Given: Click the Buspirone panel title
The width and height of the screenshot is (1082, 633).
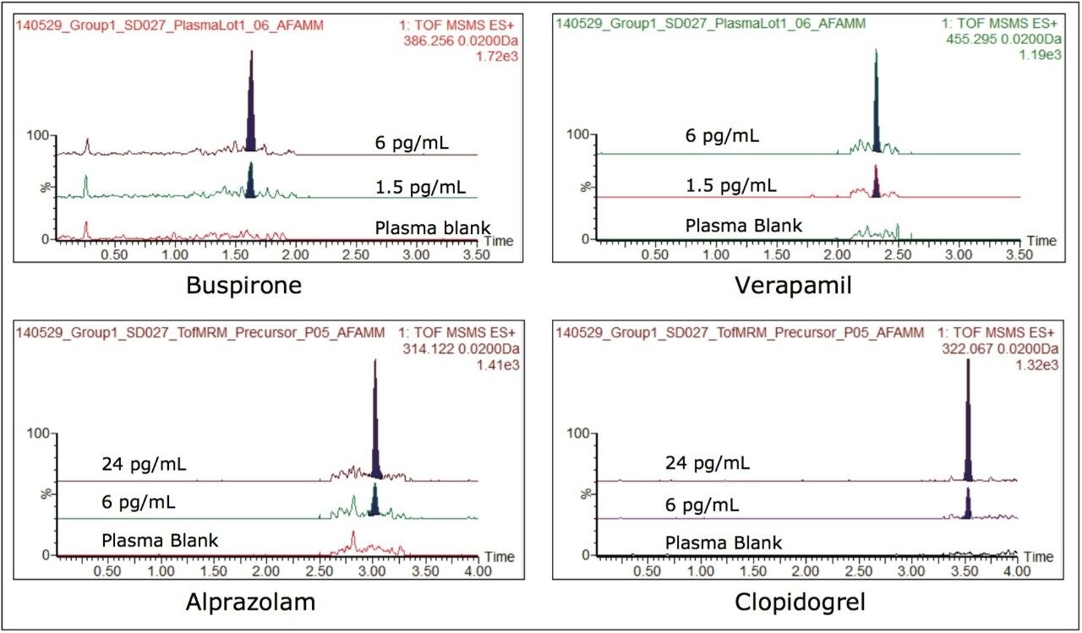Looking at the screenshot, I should (x=244, y=286).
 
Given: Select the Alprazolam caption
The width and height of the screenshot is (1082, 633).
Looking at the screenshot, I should (x=244, y=603).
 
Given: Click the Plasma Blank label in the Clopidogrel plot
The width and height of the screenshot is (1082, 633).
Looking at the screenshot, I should (x=724, y=543).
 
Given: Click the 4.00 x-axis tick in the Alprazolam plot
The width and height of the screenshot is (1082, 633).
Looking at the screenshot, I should (x=478, y=571).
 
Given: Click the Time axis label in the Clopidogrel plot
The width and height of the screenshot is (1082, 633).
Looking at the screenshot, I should (x=1039, y=557).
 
